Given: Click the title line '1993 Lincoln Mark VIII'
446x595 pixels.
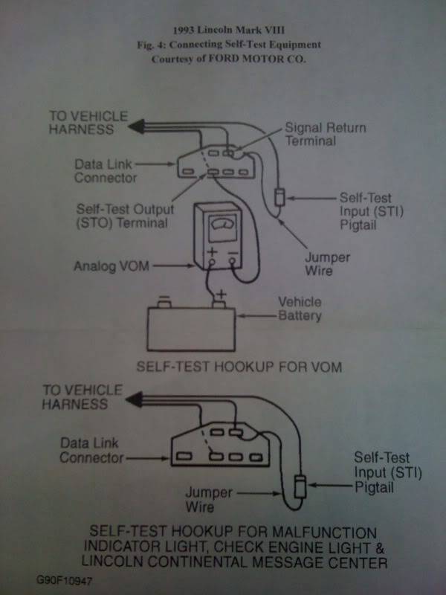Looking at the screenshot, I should (x=222, y=33).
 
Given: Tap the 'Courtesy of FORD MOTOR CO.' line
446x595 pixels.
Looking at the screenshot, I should (x=222, y=60).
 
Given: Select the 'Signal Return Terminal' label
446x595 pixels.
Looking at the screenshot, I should (x=325, y=135).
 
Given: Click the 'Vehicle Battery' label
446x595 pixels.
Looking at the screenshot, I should (x=300, y=309).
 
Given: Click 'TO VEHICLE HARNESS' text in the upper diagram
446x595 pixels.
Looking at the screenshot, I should (x=87, y=123).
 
